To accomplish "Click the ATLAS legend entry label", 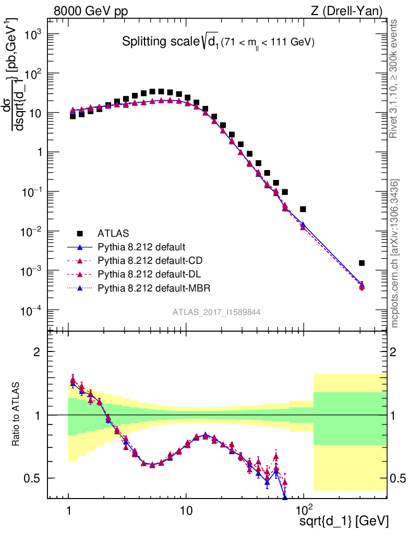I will point(114,233).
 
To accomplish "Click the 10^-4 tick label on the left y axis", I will point(32,311).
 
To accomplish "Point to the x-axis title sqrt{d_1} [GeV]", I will point(344,521).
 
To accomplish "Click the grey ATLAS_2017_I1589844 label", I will point(217,312).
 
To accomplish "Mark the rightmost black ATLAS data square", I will point(361,263).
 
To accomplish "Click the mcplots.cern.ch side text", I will point(395,253).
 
